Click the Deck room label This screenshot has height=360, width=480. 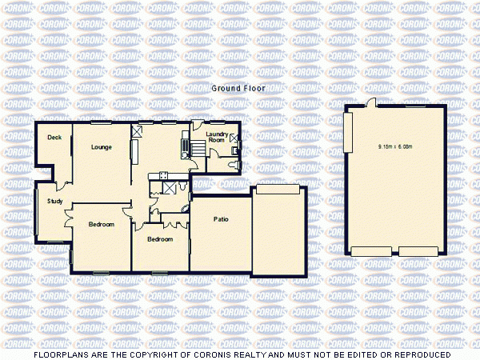[54, 138]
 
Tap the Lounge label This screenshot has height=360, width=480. [101, 146]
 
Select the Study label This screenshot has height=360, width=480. [54, 201]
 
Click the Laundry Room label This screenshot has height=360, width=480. [217, 137]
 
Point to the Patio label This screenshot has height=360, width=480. [222, 218]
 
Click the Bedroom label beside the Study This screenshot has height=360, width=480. [101, 224]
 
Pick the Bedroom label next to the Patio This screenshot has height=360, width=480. [160, 238]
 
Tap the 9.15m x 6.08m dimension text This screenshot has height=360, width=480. [394, 146]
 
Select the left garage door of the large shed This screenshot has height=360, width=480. [372, 251]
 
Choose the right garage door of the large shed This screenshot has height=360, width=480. [419, 251]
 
